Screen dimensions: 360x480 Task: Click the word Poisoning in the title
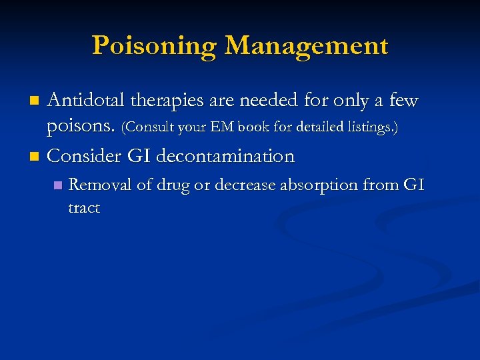click(154, 46)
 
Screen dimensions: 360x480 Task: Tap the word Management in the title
click(306, 46)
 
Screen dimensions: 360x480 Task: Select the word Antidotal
click(86, 101)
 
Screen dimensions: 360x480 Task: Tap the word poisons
click(81, 127)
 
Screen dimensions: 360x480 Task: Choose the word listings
click(373, 127)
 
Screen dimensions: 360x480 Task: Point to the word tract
click(84, 208)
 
